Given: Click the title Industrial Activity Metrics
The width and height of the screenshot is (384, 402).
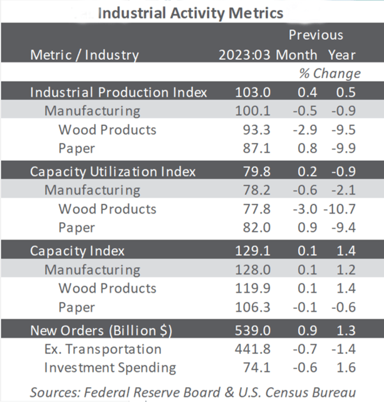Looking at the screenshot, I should tap(190, 13).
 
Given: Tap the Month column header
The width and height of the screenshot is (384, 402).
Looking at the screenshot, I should tap(297, 55).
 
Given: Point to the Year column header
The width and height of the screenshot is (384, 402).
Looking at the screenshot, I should tap(341, 55).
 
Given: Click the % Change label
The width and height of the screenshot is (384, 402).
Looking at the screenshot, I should tap(329, 73).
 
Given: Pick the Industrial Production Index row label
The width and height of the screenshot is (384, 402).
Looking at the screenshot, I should tap(119, 92).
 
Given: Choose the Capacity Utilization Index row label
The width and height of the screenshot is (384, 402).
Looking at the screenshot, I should tap(113, 171).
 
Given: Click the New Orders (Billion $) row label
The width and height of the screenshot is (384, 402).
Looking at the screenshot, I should tap(101, 331).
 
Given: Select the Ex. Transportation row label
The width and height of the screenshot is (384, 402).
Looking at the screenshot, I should tap(103, 349).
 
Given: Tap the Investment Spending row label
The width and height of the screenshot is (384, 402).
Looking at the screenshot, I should tap(110, 368).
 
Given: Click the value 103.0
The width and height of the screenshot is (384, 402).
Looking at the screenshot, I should tap(253, 92).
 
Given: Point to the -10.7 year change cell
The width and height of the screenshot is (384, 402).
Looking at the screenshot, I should tap(339, 209).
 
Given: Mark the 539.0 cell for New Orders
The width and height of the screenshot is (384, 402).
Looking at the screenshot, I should tap(253, 331).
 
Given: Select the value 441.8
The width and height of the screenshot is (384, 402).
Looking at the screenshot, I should tap(253, 349).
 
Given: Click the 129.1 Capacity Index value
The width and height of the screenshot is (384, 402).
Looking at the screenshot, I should tap(253, 251).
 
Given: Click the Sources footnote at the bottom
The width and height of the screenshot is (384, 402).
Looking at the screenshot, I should tap(192, 392).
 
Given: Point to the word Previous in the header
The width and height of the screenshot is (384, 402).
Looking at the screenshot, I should tap(316, 35).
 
